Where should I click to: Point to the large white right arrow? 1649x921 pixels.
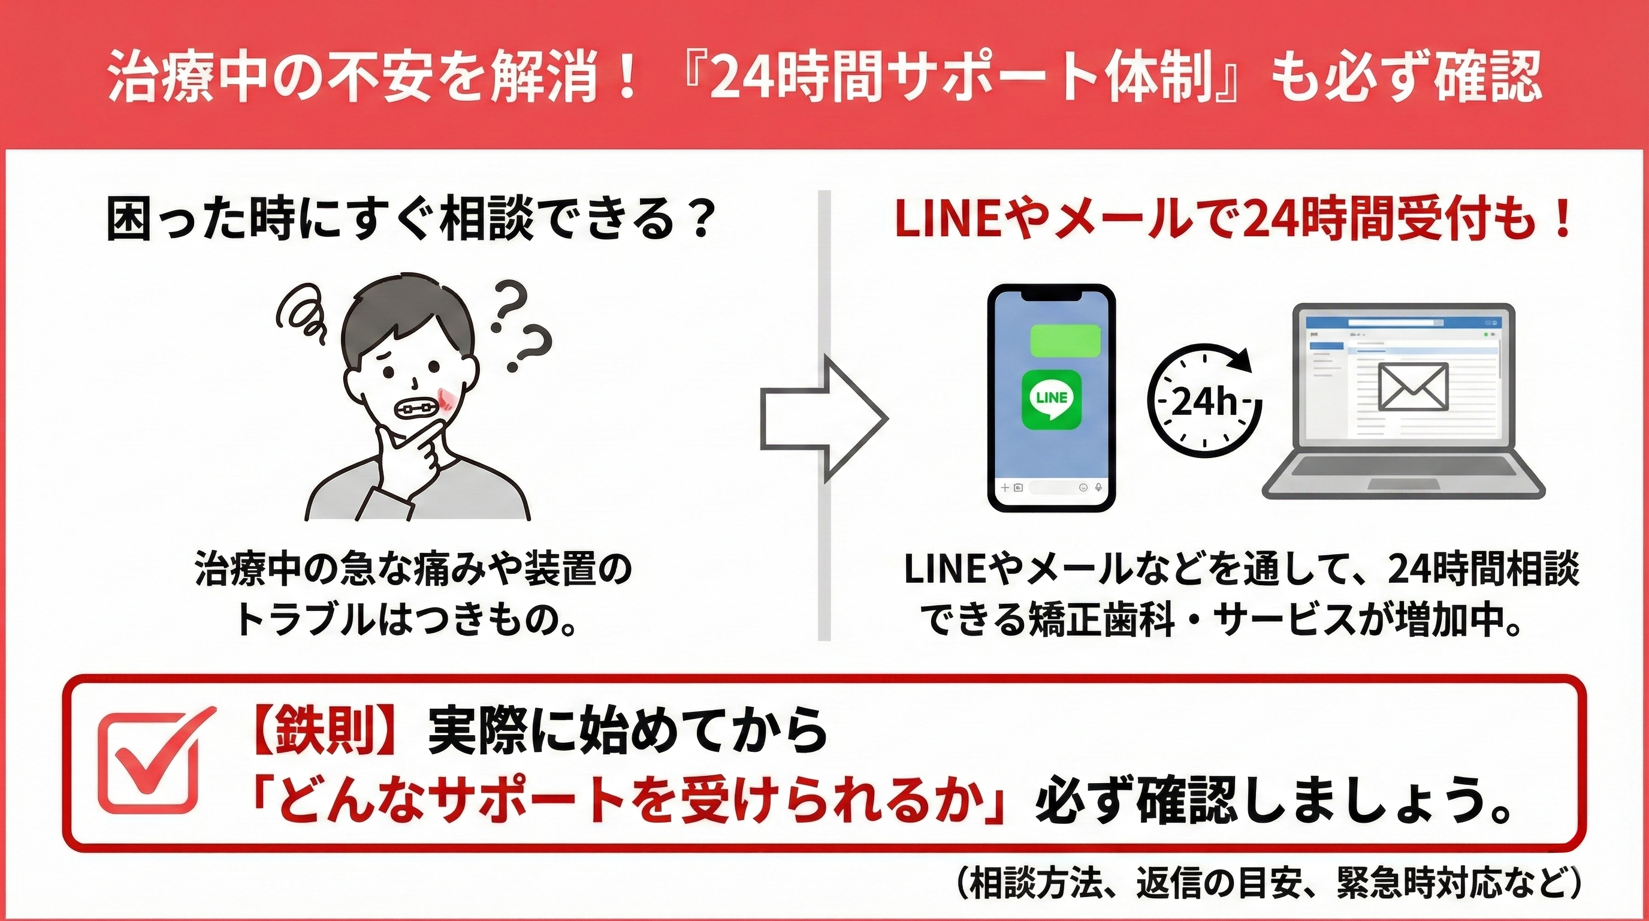823,419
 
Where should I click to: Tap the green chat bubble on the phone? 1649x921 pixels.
1065,340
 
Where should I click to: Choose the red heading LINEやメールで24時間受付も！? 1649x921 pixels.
1233,221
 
